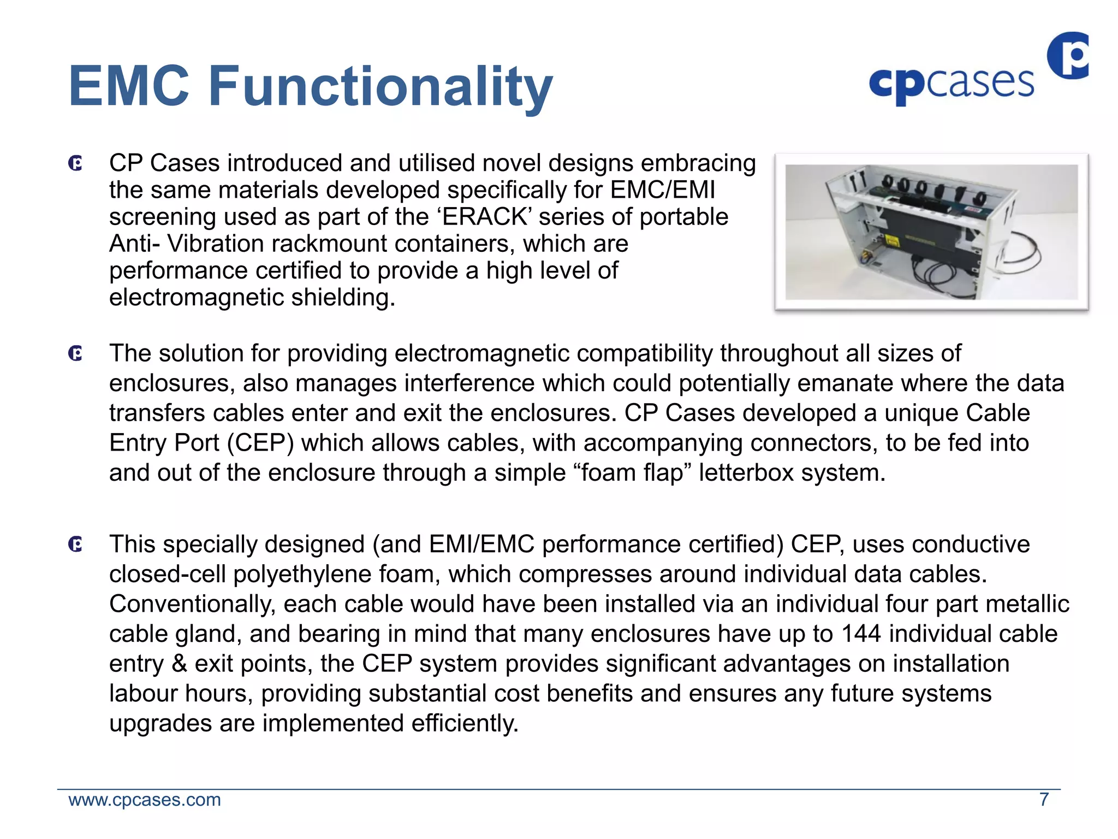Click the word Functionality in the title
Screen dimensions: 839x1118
380,86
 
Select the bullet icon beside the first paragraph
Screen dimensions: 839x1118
75,163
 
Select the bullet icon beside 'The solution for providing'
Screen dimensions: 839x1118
75,354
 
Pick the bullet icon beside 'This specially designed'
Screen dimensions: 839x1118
75,545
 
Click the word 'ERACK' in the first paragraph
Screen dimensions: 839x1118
484,217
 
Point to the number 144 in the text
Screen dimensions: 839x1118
861,634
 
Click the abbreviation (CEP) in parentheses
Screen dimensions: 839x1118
260,443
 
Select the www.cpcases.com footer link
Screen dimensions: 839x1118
145,800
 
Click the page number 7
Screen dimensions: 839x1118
1044,800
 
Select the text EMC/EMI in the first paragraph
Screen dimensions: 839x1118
662,190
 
